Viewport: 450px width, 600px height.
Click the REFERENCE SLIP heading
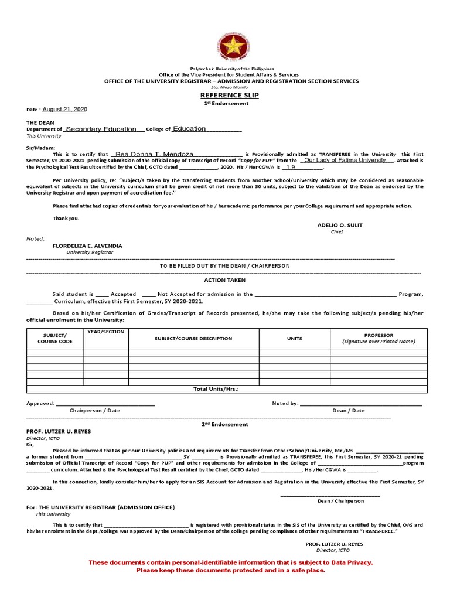pos(226,95)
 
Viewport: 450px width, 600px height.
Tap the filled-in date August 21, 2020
pos(64,110)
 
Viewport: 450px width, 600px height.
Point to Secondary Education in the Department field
pos(101,129)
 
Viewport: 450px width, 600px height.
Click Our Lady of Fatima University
pos(345,160)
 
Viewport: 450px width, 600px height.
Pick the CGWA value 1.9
pos(290,167)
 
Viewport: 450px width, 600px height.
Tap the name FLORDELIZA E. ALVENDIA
pos(88,246)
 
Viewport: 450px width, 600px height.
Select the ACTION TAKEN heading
pos(224,281)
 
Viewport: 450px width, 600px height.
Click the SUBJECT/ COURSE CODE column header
pos(55,338)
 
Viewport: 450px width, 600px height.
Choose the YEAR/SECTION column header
pos(105,332)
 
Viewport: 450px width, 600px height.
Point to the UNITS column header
pos(294,338)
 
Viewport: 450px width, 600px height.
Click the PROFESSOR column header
pos(378,335)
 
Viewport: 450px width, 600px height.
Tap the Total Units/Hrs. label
pos(216,388)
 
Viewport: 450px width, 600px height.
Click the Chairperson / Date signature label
pos(95,410)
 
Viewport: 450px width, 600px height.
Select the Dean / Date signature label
pos(348,410)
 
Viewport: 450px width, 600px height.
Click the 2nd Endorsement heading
pos(225,424)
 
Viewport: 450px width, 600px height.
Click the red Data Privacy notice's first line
pos(230,562)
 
